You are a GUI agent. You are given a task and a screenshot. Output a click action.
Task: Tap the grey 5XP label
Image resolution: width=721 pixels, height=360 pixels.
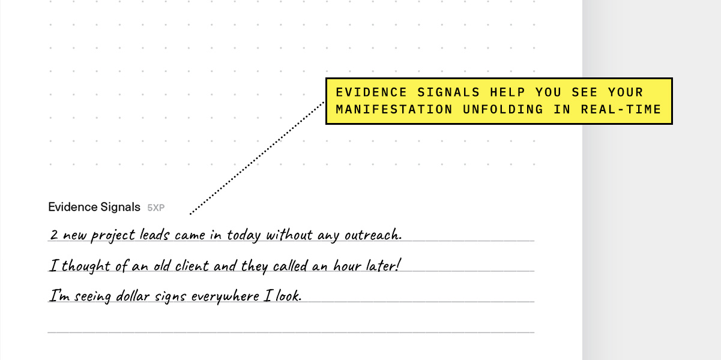pyautogui.click(x=156, y=208)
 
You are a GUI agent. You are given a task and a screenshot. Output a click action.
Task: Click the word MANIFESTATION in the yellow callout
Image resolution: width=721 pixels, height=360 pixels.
pyautogui.click(x=394, y=109)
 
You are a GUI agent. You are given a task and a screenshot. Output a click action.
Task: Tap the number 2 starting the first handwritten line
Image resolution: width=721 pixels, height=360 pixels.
pyautogui.click(x=54, y=235)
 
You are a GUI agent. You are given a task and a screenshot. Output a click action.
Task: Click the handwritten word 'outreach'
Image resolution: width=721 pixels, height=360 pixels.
pyautogui.click(x=372, y=235)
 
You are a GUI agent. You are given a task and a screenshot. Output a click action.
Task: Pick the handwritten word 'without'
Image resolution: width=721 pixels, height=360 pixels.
pyautogui.click(x=289, y=235)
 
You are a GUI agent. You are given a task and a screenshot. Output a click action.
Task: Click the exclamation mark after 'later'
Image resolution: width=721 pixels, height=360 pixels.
pyautogui.click(x=397, y=265)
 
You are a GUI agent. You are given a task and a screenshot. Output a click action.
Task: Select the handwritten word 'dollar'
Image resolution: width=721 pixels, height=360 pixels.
pyautogui.click(x=136, y=296)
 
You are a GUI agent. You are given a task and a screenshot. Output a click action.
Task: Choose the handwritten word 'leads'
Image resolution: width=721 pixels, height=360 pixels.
pyautogui.click(x=154, y=235)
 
